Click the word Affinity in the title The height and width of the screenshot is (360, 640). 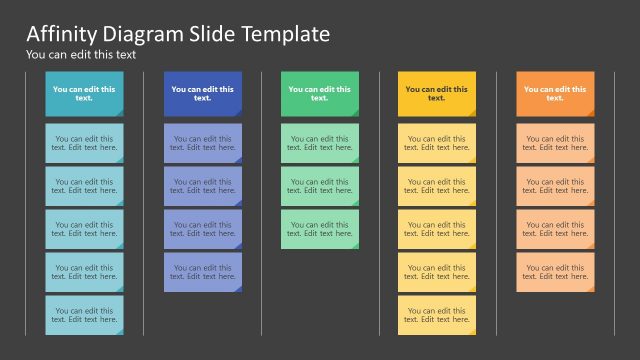[x=59, y=34]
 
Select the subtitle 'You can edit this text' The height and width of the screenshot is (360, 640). [x=80, y=55]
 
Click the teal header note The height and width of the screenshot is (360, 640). [x=84, y=93]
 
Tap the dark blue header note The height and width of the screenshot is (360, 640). [x=202, y=93]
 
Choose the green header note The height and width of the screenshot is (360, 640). [x=319, y=93]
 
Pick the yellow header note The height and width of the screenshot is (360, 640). [x=436, y=93]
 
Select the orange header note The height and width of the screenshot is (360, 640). [x=555, y=93]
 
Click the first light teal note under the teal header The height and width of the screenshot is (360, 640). [x=84, y=143]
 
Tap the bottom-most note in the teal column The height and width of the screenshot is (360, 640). [x=84, y=315]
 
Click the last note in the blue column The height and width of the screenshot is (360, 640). [x=202, y=272]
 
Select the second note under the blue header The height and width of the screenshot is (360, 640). [x=202, y=186]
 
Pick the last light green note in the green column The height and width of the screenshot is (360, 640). [x=319, y=229]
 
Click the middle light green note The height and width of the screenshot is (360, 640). [x=319, y=186]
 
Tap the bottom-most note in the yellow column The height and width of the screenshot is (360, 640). [x=436, y=315]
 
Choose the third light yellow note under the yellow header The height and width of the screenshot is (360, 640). [x=436, y=229]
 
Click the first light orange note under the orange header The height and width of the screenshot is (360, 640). [x=555, y=143]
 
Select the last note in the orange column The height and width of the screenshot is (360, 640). [x=555, y=272]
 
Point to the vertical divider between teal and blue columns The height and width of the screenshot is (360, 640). [x=144, y=200]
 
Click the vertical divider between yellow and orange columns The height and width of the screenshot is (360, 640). [x=497, y=200]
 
